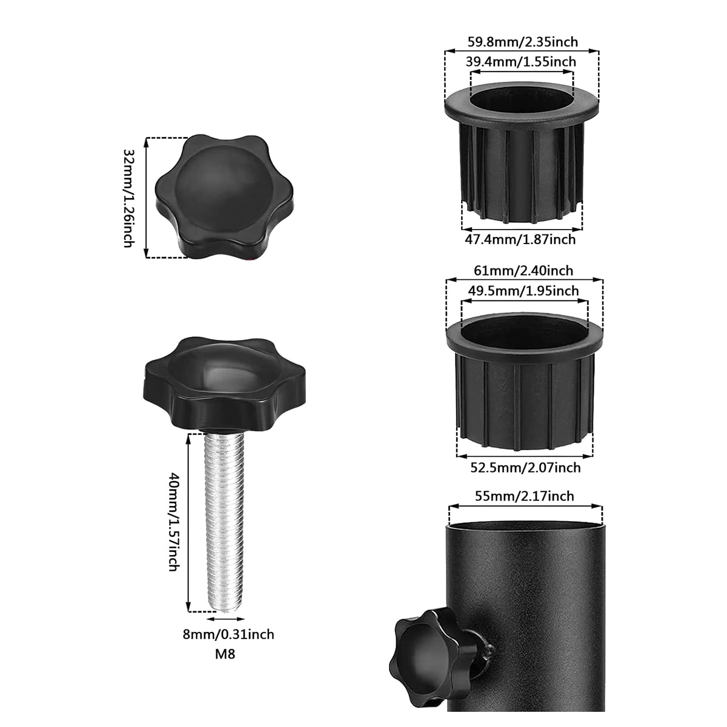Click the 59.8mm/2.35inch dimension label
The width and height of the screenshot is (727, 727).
[x=522, y=42]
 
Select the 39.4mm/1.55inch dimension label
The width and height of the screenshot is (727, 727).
[x=521, y=62]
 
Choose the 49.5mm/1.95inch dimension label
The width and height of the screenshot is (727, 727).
[x=523, y=291]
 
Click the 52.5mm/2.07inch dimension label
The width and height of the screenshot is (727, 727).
[x=525, y=468]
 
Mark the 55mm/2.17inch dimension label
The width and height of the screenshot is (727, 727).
[x=525, y=496]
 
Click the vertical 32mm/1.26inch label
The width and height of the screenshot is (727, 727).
[x=128, y=198]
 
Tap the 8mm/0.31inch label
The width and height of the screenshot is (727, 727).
[x=228, y=634]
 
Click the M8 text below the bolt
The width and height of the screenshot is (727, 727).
[x=225, y=654]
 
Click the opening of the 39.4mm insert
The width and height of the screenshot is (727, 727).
[x=521, y=97]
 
